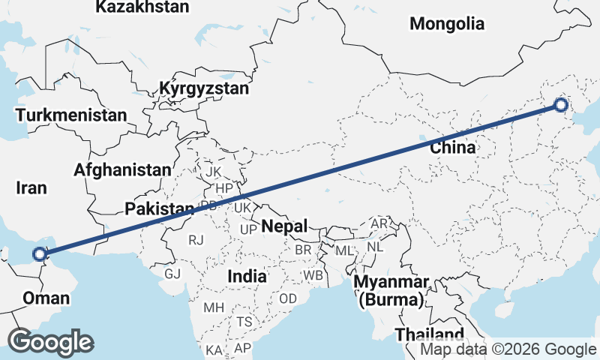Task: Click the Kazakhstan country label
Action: (142, 7)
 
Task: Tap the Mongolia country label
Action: (447, 24)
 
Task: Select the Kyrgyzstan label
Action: (203, 89)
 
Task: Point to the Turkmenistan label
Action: (71, 115)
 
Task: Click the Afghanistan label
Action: (122, 169)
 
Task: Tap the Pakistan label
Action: (160, 208)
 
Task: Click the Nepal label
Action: (284, 226)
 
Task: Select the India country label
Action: (247, 276)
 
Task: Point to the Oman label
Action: (46, 298)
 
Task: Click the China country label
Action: (452, 147)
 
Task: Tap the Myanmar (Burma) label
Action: (391, 292)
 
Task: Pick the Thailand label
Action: (430, 334)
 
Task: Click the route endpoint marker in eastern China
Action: (561, 105)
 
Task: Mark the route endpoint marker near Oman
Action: (40, 254)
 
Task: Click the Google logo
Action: (50, 342)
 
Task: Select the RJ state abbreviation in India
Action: (196, 240)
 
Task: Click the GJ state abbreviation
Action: (172, 273)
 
